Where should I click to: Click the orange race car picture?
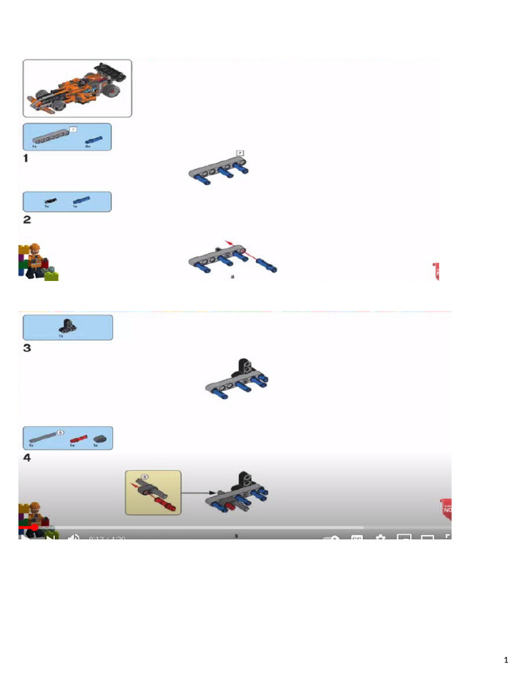click(77, 88)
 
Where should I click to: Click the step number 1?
click(26, 158)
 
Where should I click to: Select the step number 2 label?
click(27, 219)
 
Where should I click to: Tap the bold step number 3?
click(27, 348)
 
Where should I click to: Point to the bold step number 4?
click(27, 458)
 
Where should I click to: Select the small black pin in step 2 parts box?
click(50, 200)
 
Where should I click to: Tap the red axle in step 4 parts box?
click(79, 438)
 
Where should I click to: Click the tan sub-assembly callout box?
click(153, 492)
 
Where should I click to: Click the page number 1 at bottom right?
click(506, 660)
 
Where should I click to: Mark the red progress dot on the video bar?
click(34, 527)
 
